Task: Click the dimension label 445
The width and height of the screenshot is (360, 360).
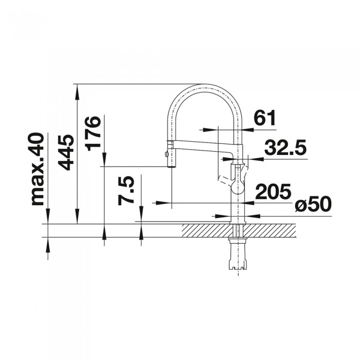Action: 65,152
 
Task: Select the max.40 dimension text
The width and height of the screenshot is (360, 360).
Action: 37,169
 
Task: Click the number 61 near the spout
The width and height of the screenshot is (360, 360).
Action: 265,119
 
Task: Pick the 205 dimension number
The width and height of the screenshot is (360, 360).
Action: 273,192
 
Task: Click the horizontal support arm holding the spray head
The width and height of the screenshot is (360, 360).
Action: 201,144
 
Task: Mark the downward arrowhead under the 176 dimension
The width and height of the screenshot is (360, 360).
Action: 104,160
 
